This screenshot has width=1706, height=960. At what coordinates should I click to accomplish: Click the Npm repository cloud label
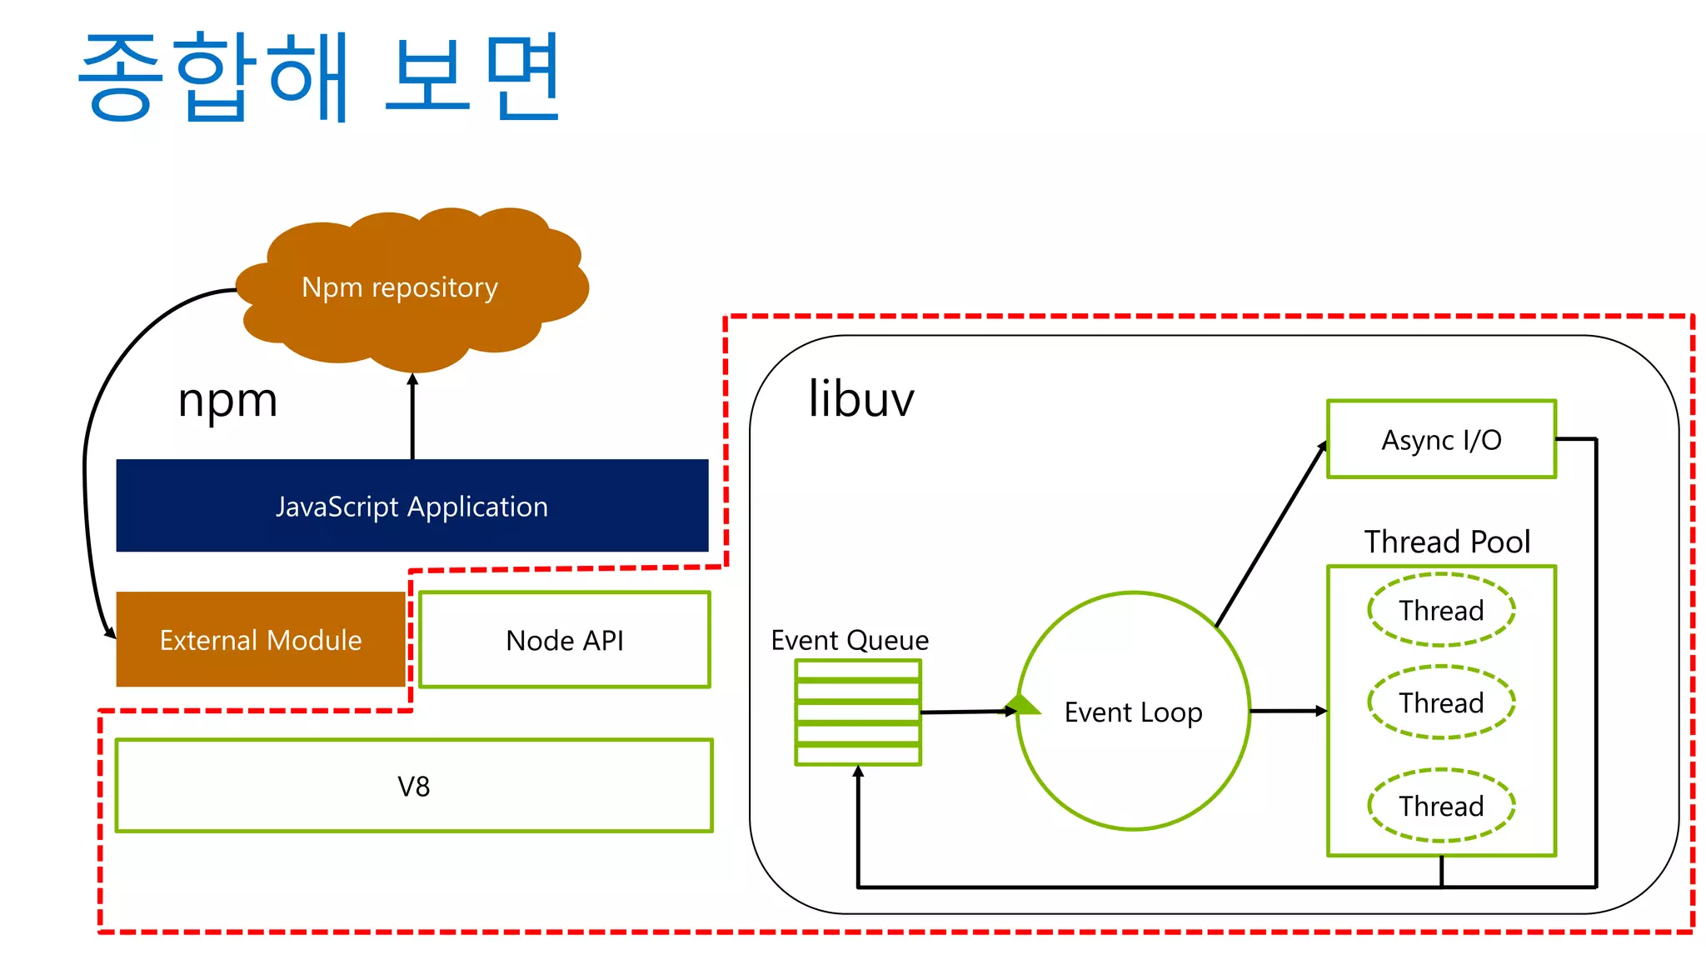(400, 287)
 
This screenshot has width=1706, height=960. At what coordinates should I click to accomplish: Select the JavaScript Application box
(412, 506)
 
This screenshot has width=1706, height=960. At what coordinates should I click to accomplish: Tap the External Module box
(260, 640)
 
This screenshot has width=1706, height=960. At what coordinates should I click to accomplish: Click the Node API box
(564, 640)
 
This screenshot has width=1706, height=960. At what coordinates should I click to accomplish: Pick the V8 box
(413, 786)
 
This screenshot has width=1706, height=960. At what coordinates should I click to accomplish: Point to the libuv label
(860, 399)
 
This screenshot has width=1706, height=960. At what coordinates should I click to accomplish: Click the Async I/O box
(1440, 440)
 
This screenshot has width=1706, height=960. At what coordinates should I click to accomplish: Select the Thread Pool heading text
(1447, 542)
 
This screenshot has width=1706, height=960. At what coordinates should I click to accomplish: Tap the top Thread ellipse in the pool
(1440, 610)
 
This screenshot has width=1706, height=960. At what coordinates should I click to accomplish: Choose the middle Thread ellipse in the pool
(1440, 702)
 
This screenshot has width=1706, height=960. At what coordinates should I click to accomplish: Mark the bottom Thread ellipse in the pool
(1440, 806)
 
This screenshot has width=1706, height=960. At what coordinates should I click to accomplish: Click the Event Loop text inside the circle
(1133, 712)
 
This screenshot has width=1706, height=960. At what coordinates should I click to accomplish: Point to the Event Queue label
(849, 640)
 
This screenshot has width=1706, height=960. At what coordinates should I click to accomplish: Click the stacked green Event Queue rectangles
(857, 712)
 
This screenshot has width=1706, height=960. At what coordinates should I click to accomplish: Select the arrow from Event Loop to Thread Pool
(1287, 711)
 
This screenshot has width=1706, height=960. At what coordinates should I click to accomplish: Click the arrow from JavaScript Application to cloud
(412, 417)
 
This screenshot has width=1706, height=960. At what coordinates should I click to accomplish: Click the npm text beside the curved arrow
(227, 401)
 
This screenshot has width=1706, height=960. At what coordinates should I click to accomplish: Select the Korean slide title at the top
(321, 77)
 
